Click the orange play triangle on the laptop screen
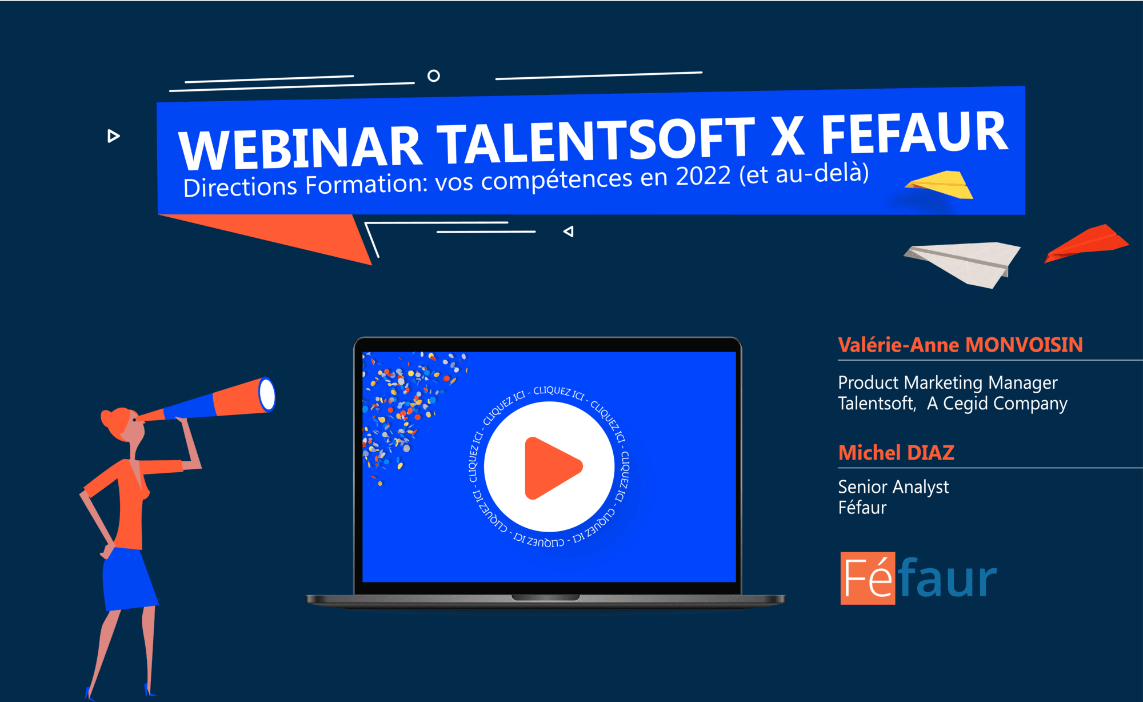pos(550,468)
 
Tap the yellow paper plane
pos(940,184)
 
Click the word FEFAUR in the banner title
pos(914,133)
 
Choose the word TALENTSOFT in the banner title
pos(596,140)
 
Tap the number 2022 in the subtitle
pos(703,176)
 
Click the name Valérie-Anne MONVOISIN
pos(960,345)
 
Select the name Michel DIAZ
pos(896,453)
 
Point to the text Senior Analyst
pos(893,487)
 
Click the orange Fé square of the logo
pos(868,578)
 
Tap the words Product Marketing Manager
pos(948,382)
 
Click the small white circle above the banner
pos(434,75)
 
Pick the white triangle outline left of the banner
pos(113,136)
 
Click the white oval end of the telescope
pos(267,394)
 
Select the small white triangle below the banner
pos(568,232)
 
